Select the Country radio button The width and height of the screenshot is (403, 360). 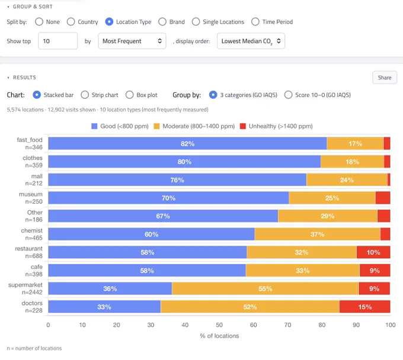coord(71,22)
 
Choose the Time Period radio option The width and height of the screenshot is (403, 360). coord(255,22)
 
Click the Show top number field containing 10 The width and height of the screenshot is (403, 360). coord(58,41)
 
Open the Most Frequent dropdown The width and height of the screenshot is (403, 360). coord(132,41)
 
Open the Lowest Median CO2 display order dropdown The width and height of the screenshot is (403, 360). coord(251,41)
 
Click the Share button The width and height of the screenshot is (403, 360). coord(385,78)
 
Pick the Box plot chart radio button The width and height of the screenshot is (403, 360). coord(130,95)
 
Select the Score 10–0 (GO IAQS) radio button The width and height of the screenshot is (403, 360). coord(289,95)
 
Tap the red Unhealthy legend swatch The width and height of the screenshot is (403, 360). coord(243,126)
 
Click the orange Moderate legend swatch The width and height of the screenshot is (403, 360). coord(156,126)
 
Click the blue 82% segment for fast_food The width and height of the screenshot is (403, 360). coord(187,143)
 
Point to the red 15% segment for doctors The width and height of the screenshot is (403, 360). coord(364,307)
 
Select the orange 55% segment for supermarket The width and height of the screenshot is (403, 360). coord(265,288)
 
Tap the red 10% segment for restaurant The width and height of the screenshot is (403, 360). coord(373,252)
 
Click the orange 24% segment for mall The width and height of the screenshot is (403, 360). coord(347,180)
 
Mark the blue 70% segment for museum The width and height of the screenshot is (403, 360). coord(168,198)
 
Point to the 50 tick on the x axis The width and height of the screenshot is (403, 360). coord(219,325)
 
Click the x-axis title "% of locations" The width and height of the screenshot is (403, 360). coord(219,336)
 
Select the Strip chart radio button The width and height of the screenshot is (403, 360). coord(85,95)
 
